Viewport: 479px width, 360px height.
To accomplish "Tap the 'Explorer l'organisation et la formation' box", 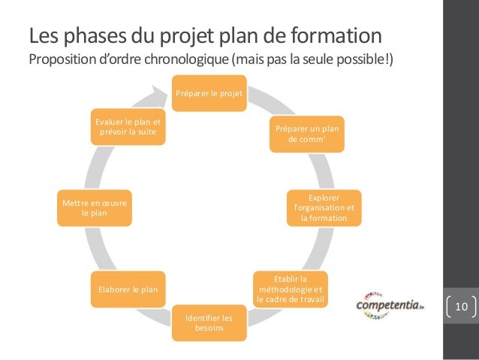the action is (323, 207).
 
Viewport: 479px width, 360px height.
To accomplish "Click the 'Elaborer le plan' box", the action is (128, 289).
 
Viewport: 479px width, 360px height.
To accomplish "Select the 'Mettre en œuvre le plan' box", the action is (95, 207).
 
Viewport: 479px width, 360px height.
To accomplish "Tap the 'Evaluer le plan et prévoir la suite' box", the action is (128, 127).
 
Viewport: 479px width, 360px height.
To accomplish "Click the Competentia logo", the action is (389, 306).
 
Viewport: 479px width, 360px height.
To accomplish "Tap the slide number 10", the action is (461, 307).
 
